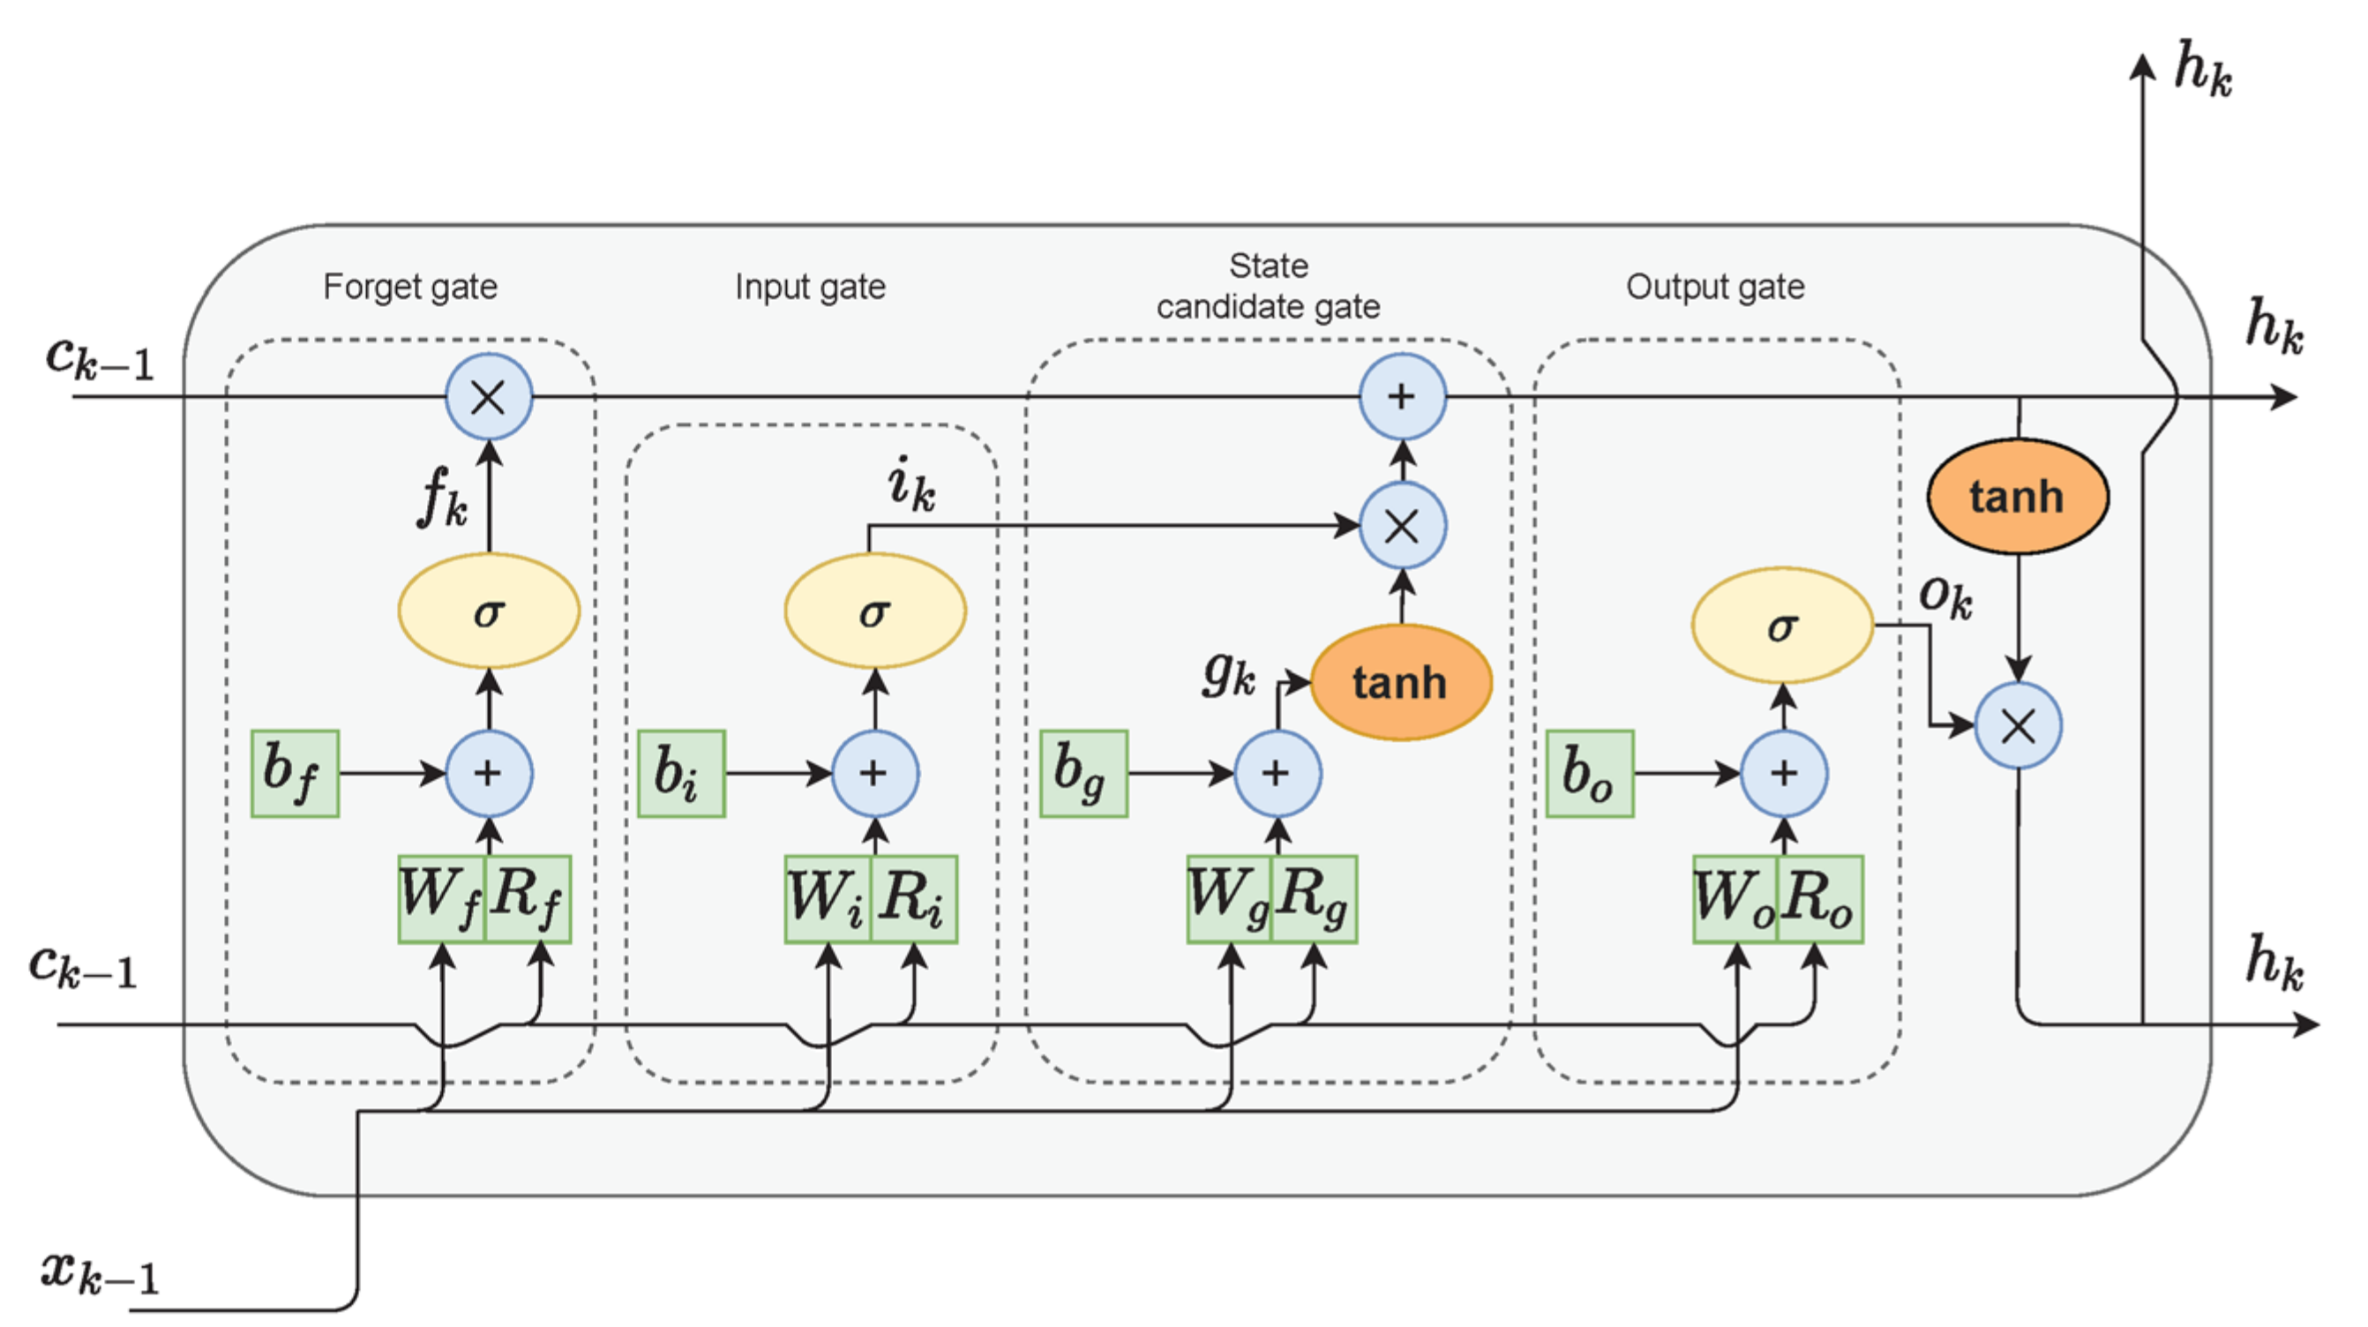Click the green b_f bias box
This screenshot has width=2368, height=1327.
tap(295, 774)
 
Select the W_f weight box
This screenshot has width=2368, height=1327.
tap(441, 898)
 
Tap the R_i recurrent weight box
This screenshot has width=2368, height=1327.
tap(914, 898)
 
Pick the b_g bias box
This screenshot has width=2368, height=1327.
tap(1083, 774)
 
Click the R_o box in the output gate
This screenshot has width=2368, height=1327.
tap(1820, 898)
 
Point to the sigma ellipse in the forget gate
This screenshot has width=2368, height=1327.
tap(489, 611)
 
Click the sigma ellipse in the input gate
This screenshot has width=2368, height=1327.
tap(875, 611)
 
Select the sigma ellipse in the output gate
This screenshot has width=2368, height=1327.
tap(1782, 626)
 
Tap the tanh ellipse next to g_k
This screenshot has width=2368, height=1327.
tap(1400, 682)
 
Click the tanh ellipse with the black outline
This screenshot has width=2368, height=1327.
tap(2017, 497)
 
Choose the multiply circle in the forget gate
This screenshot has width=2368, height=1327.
tap(489, 397)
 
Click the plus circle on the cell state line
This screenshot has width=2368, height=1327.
tap(1402, 397)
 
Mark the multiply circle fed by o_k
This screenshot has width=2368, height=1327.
tap(2018, 725)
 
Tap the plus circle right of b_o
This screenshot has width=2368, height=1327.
tap(1783, 774)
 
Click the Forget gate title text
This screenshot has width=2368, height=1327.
tap(410, 287)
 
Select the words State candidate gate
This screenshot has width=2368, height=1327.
tap(1269, 286)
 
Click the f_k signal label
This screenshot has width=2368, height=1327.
tap(443, 497)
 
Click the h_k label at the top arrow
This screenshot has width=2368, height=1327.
tap(2202, 69)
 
